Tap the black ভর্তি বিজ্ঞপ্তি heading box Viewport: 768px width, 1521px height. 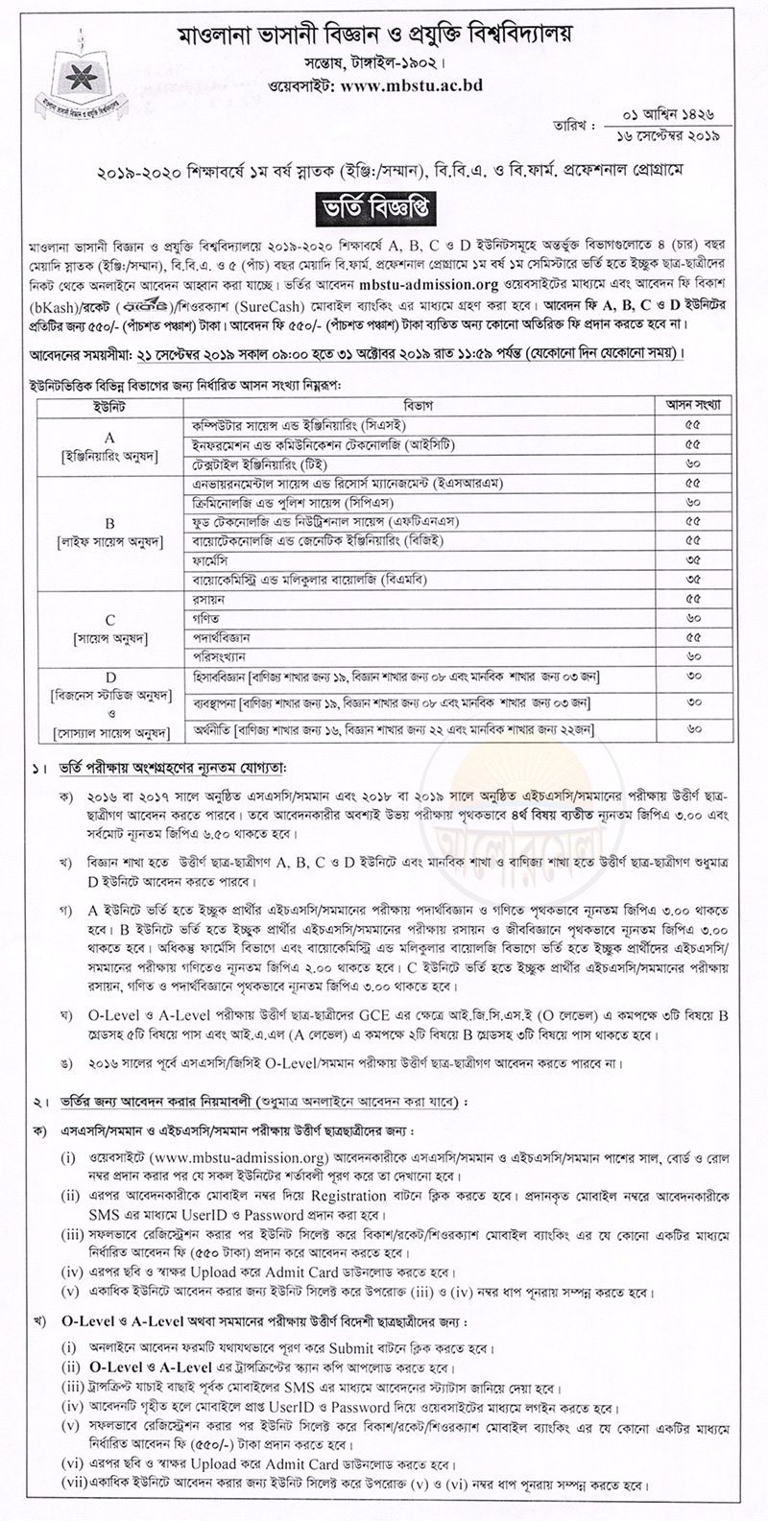(384, 204)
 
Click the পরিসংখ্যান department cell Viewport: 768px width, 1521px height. (205, 656)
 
